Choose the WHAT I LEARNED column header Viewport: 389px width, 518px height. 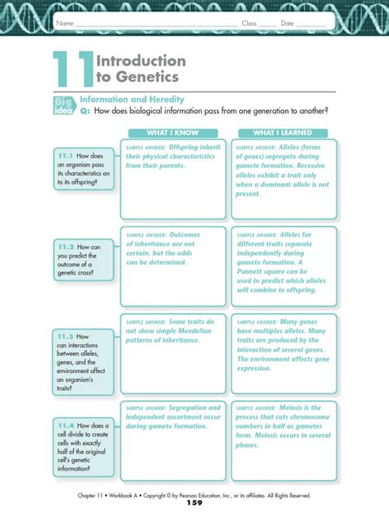point(284,133)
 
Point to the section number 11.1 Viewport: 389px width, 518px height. point(66,155)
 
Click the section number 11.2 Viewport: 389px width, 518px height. point(66,246)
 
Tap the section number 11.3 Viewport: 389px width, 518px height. point(66,336)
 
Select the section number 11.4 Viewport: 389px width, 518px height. point(66,425)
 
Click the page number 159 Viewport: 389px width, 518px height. point(194,503)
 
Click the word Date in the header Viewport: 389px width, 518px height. point(288,23)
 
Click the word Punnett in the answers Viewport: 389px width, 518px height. point(254,274)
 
